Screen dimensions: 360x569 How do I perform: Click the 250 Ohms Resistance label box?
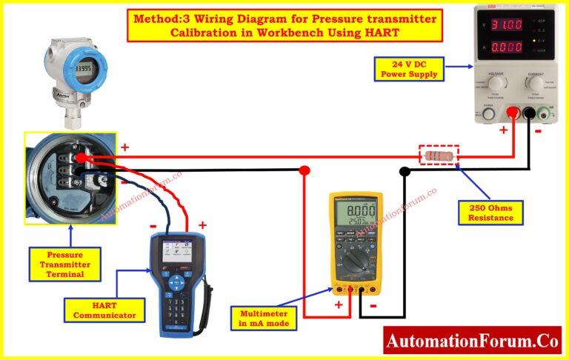[x=490, y=213]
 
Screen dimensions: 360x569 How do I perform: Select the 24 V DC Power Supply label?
[x=410, y=68]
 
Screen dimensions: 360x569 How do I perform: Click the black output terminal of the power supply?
[x=530, y=113]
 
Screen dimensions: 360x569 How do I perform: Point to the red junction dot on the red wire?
[x=304, y=171]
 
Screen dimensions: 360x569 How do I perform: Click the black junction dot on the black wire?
[x=405, y=172]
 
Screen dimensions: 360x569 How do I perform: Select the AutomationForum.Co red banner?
[x=472, y=341]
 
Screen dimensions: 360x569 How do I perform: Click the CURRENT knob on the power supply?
[x=535, y=85]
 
